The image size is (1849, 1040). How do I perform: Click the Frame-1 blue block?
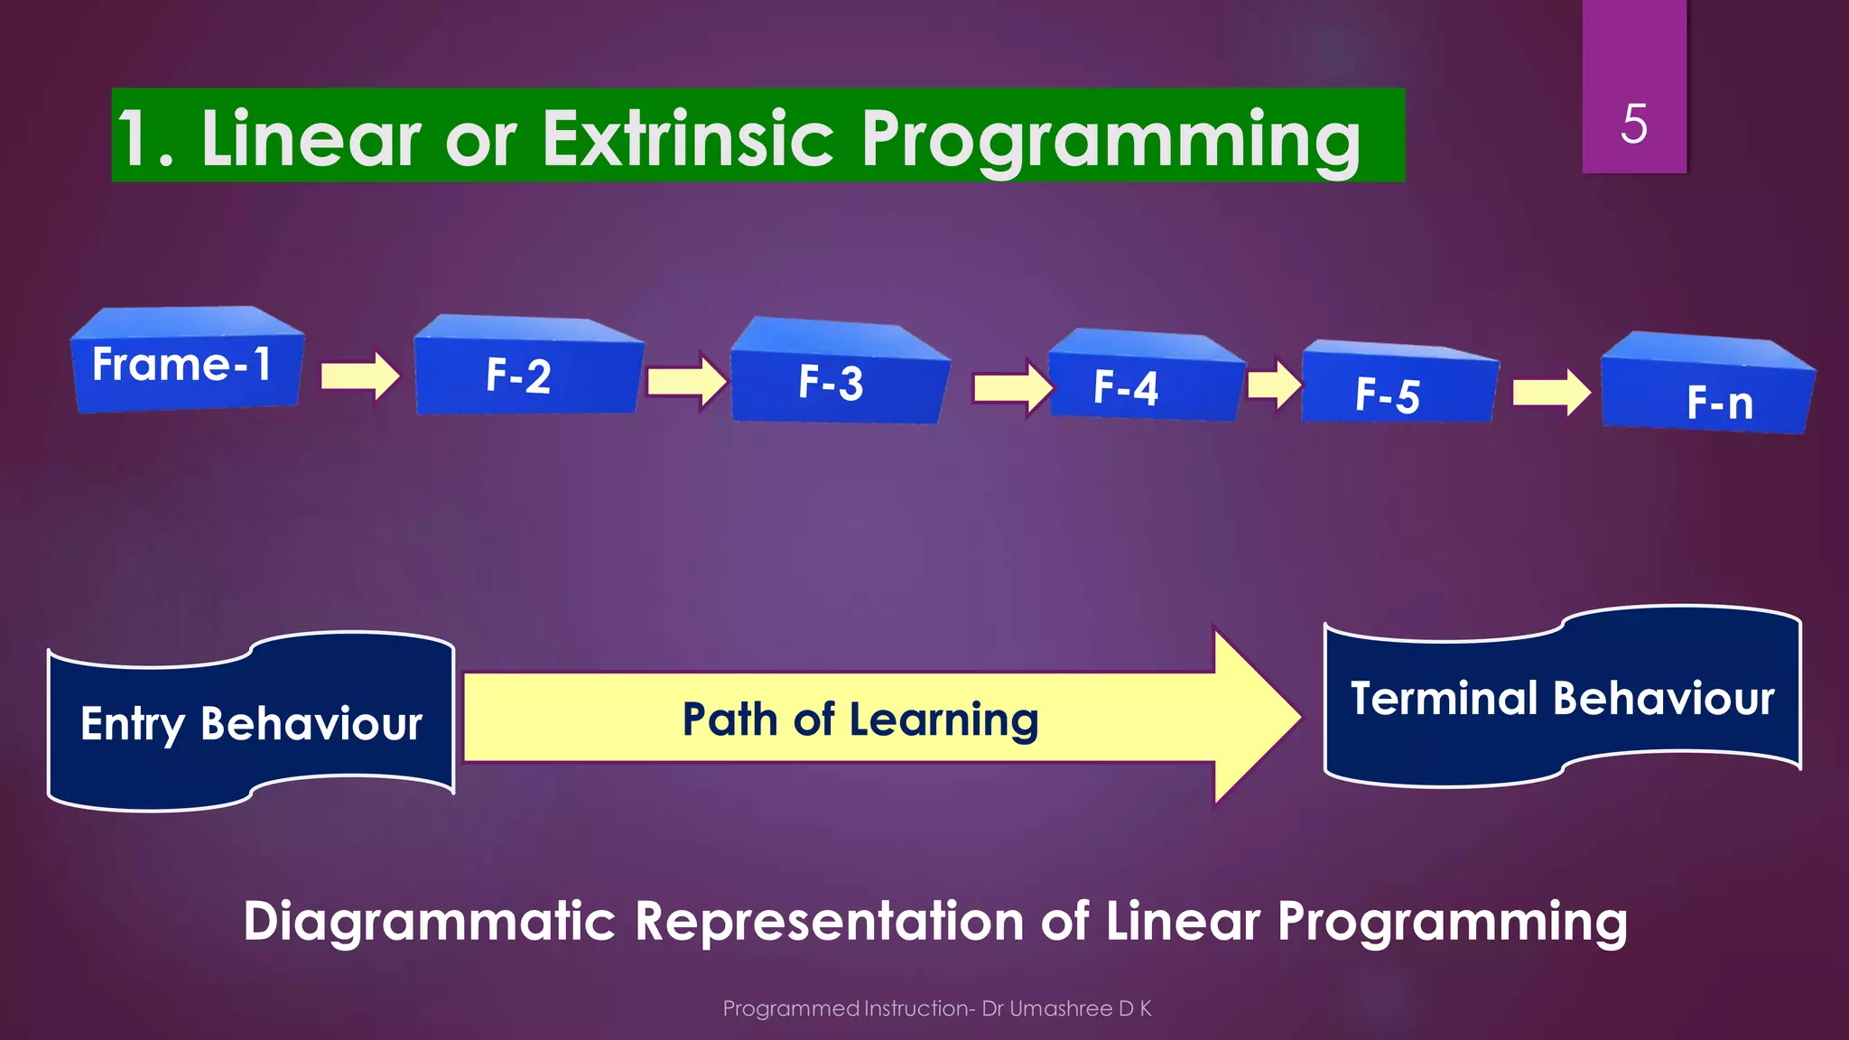[x=185, y=364]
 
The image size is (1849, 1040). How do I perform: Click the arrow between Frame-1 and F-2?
[x=359, y=376]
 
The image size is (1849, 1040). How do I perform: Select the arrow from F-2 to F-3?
[x=686, y=381]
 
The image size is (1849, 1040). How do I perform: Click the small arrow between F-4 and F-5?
[x=1274, y=385]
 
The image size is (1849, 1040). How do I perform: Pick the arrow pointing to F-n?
[x=1551, y=393]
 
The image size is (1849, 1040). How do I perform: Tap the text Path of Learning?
[x=859, y=720]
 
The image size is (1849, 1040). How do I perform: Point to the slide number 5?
[x=1633, y=124]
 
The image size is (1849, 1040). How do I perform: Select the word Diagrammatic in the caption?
[x=429, y=921]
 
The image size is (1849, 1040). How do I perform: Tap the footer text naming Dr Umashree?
[x=936, y=1008]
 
